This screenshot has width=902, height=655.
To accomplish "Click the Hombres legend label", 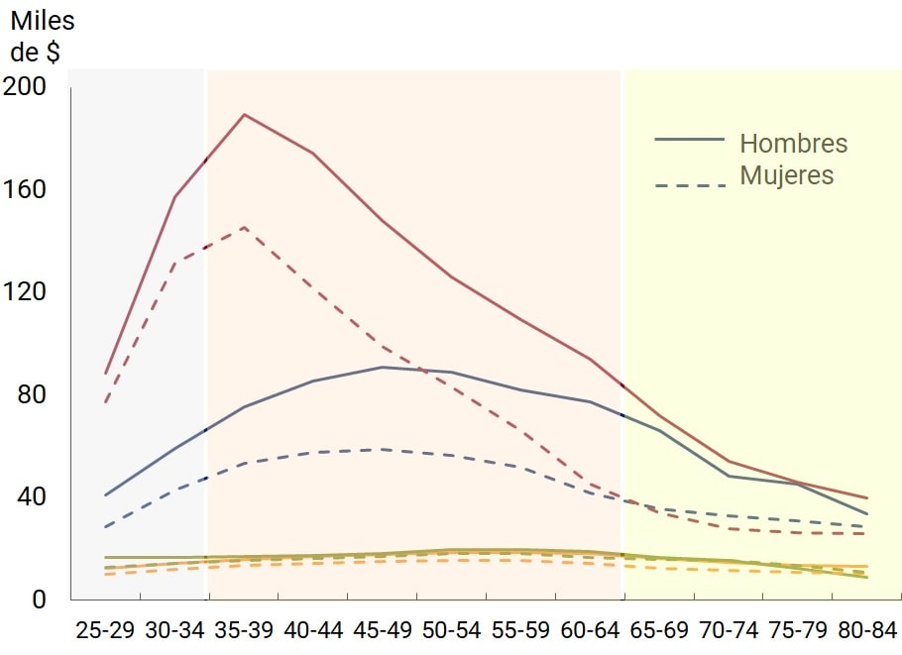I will point(793,143).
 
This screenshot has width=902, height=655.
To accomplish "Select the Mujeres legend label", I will point(786,175).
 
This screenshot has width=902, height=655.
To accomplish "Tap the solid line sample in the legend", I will point(690,140).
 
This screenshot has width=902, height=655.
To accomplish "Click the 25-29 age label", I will point(105,630).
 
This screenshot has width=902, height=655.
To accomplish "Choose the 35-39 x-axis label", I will point(244,630).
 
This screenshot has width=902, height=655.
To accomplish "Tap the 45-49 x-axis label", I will point(382,630).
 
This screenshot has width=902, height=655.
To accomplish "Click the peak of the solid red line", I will point(244,114).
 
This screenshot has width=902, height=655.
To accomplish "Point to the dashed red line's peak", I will point(244,227).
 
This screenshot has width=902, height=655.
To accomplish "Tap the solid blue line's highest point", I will point(383,367).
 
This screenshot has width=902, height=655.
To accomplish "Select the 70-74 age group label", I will point(728,630).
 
